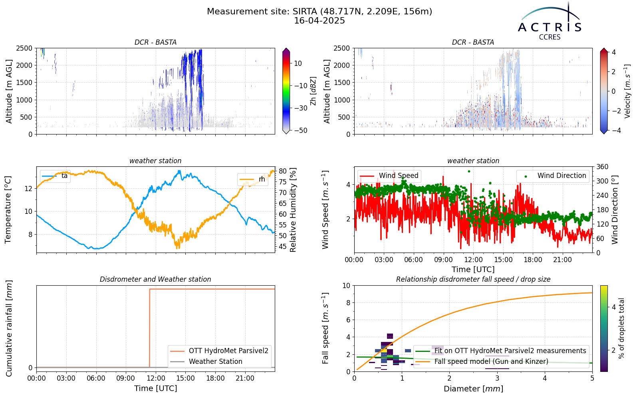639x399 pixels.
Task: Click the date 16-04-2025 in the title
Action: pos(319,21)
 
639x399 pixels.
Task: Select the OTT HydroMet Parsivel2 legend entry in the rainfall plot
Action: pos(219,351)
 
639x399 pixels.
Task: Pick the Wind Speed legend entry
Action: pos(389,176)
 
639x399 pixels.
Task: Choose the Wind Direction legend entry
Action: pos(553,176)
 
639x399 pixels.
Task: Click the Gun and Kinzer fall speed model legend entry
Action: pos(482,361)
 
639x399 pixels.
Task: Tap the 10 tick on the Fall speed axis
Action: pos(346,286)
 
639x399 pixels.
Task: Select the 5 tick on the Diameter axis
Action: pos(592,378)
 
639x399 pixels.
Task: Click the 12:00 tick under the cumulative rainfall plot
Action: pos(156,378)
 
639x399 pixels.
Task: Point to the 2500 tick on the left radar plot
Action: pos(24,48)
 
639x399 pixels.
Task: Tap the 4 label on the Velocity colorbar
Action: pos(614,52)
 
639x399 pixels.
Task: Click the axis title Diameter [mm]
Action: pos(473,389)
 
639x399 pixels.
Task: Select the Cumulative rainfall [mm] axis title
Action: pos(8,328)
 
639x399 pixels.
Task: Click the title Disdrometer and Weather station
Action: pos(155,279)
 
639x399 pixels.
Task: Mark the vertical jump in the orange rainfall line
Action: pos(149,328)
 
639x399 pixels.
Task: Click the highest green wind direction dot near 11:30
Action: pos(469,171)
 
